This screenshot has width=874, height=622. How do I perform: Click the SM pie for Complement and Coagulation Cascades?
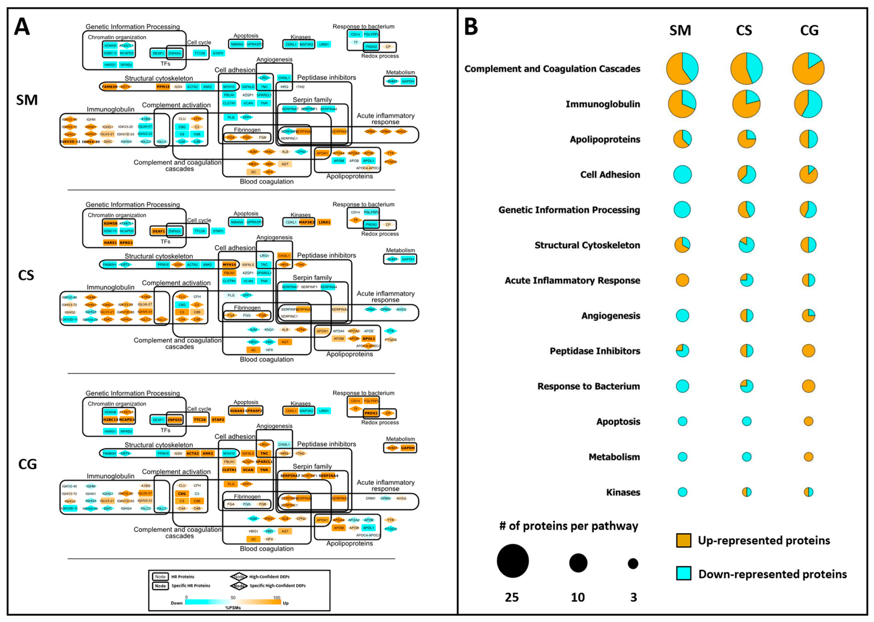click(682, 69)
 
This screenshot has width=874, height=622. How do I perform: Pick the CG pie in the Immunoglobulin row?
click(808, 104)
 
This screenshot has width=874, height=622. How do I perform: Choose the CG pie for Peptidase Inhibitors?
click(808, 350)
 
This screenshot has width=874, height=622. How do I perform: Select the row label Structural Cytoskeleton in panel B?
click(587, 245)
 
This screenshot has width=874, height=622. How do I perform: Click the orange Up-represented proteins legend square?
click(683, 540)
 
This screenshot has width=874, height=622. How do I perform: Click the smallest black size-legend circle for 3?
click(633, 563)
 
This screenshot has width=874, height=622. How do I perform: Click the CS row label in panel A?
click(26, 275)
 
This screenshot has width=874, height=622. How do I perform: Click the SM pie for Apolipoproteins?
click(682, 139)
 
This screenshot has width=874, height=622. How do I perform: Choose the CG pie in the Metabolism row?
click(808, 457)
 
